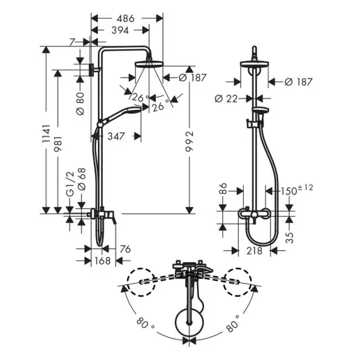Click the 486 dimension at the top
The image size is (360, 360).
click(x=125, y=18)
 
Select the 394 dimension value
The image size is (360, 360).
click(x=120, y=30)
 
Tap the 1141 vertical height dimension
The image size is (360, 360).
click(x=46, y=134)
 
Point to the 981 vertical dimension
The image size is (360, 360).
click(x=58, y=144)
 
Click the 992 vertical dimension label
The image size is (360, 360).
click(x=189, y=141)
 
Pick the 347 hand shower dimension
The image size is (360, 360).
click(x=116, y=136)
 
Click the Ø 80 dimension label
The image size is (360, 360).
click(x=80, y=104)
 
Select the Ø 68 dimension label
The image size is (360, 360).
click(x=81, y=179)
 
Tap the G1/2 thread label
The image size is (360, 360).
click(x=70, y=184)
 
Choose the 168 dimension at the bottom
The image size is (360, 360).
click(x=102, y=261)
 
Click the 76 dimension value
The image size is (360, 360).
click(x=125, y=249)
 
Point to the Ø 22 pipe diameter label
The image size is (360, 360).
click(x=226, y=99)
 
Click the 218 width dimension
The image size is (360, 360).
click(x=255, y=251)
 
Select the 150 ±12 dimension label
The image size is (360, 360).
click(x=297, y=190)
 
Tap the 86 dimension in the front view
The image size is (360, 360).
click(x=223, y=189)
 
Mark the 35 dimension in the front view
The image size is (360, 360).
click(x=290, y=237)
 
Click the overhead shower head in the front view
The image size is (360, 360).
click(x=254, y=64)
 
